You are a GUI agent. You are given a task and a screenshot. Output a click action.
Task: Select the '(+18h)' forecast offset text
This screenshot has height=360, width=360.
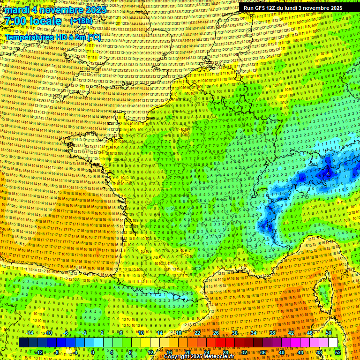pos(82,21)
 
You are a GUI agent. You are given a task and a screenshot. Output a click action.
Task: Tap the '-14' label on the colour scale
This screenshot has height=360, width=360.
pos(30,333)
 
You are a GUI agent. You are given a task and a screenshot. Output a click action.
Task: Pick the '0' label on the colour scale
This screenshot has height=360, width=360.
pos(93,352)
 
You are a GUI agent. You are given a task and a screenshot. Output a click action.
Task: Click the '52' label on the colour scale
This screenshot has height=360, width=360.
pos(337,352)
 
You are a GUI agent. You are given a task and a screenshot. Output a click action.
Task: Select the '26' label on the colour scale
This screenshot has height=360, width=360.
pos(216,333)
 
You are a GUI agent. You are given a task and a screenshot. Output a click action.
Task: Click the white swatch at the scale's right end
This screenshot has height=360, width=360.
pos(333,343)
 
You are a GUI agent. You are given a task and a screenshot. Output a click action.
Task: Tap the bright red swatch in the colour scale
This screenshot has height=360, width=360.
pos(221,343)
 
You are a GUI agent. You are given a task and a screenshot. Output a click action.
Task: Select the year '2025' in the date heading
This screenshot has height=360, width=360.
pos(92,10)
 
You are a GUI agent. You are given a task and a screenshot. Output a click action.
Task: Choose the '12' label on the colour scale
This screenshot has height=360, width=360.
pos(151,352)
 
